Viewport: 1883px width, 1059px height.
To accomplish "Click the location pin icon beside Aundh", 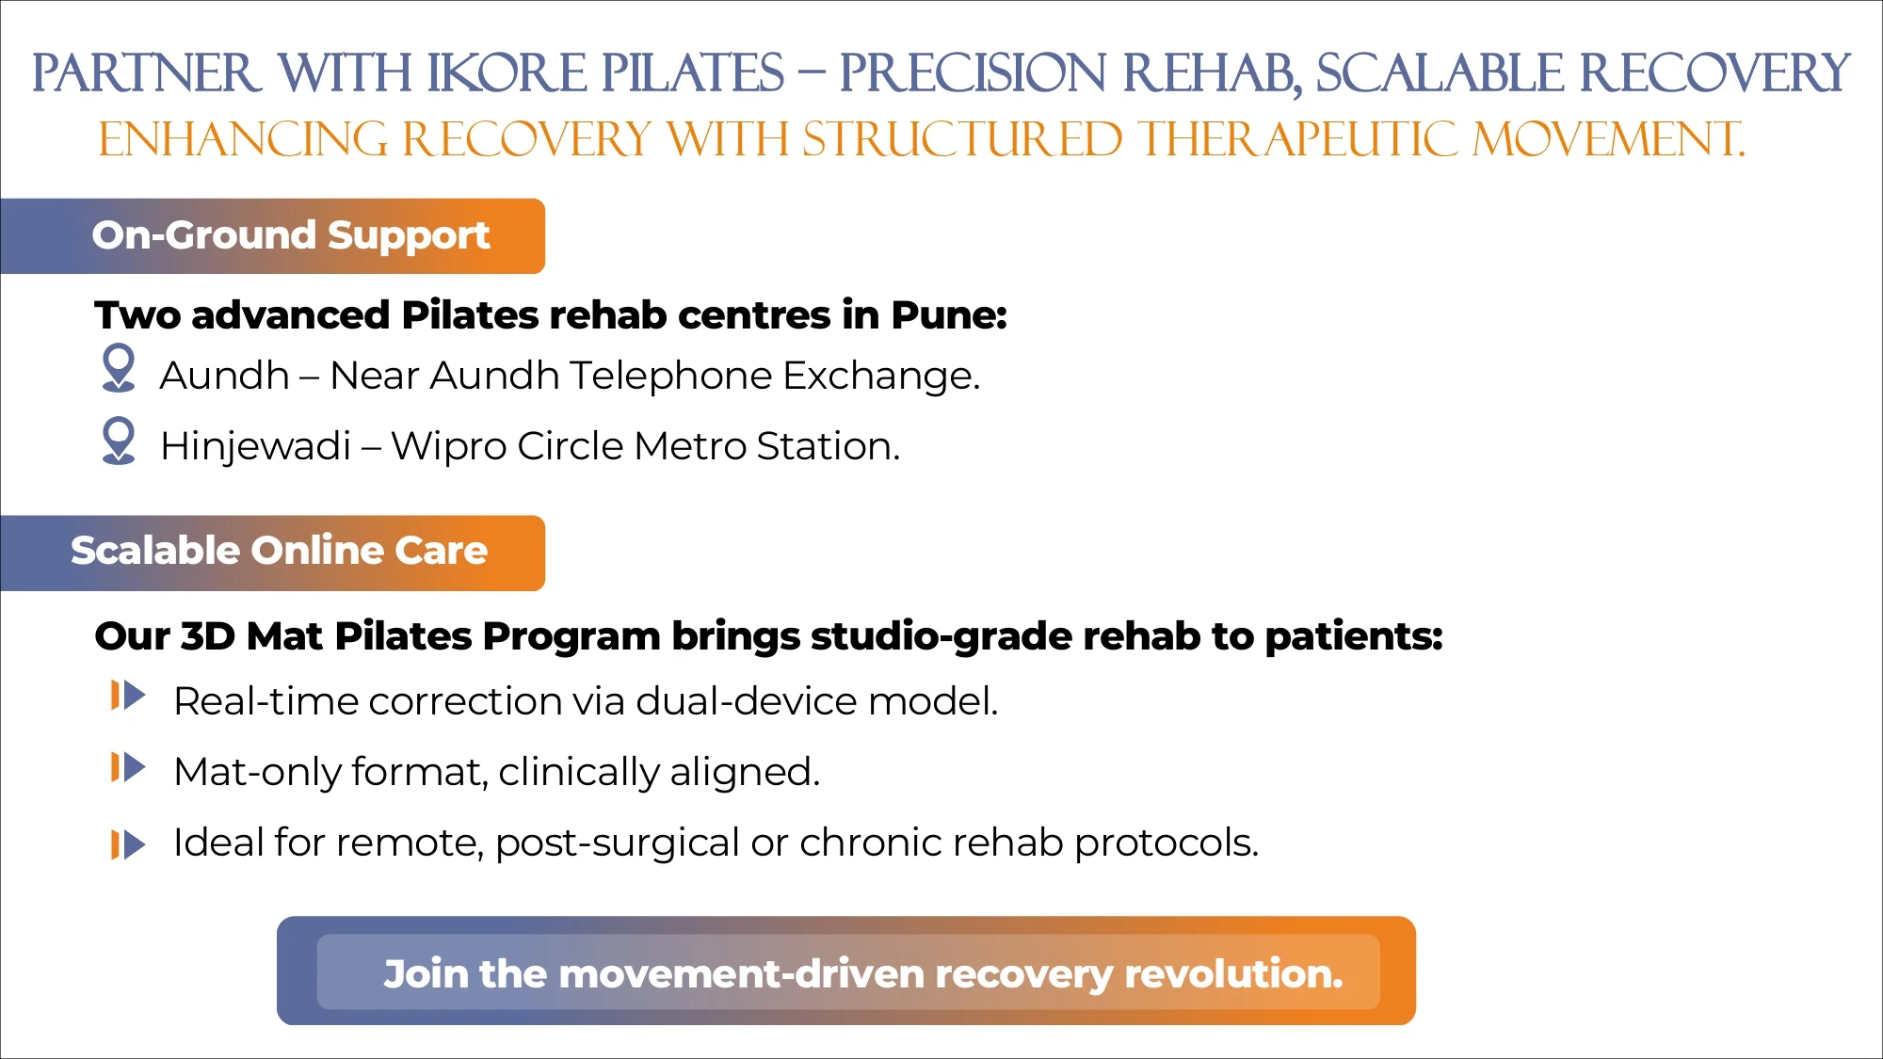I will coord(119,367).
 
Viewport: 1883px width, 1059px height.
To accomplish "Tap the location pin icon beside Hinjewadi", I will coord(119,440).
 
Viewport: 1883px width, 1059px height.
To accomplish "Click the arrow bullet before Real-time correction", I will coord(128,696).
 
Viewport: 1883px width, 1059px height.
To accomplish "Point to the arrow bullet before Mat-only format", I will coord(128,767).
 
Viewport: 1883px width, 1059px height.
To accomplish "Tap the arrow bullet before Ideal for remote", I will coord(128,844).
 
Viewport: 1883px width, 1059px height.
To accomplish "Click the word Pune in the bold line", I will coord(947,315).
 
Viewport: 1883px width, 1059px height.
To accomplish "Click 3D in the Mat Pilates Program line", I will coord(207,637).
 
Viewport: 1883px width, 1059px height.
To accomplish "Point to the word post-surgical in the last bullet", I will coord(617,843).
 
